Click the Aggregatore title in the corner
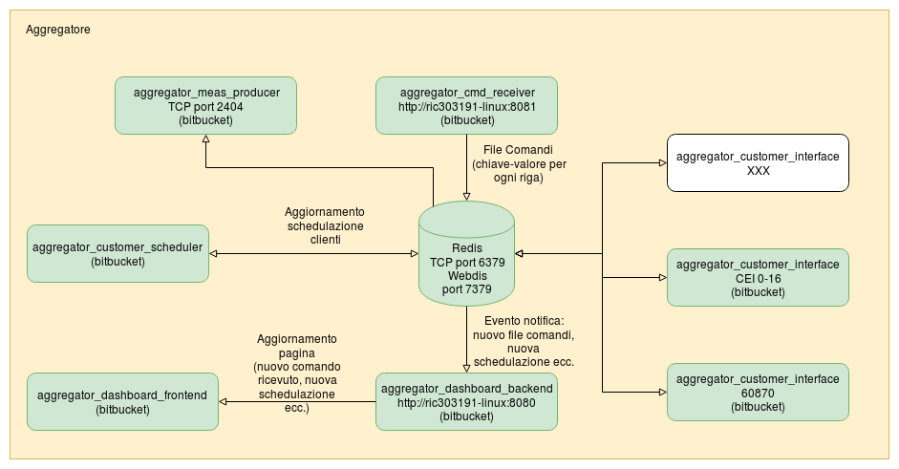(x=58, y=31)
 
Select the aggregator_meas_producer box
(x=205, y=105)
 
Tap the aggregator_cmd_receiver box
(x=467, y=105)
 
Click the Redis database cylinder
(x=467, y=253)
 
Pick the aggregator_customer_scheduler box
(x=118, y=253)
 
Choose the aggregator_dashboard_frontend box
(x=122, y=401)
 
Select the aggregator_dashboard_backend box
(x=467, y=401)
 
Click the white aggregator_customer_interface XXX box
(x=758, y=162)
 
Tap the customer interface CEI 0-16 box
(x=758, y=277)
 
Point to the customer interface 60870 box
(x=758, y=392)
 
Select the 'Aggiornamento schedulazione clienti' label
(x=325, y=226)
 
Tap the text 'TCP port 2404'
(x=205, y=107)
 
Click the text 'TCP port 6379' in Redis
(x=467, y=261)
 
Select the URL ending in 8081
(x=467, y=107)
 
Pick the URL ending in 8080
(x=467, y=402)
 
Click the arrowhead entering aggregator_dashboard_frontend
(x=225, y=401)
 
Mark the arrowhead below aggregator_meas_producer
(x=205, y=139)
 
